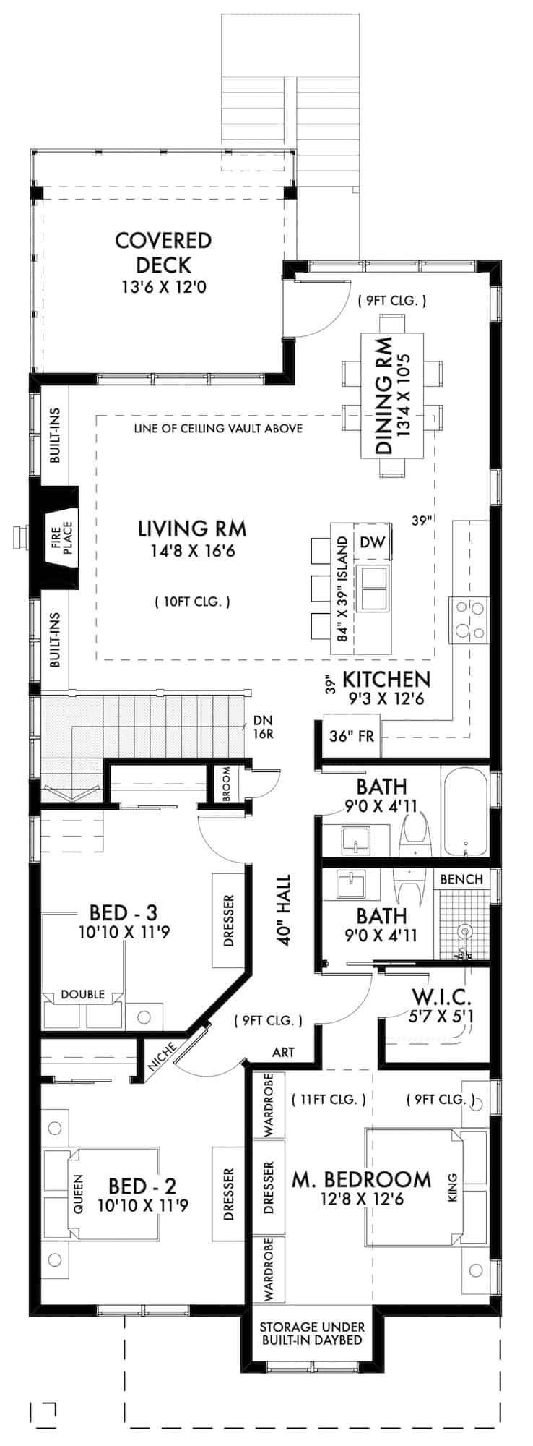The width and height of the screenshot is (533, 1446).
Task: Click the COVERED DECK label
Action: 163,252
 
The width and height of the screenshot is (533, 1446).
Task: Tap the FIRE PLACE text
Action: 61,538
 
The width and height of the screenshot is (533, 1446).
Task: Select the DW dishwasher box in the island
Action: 372,542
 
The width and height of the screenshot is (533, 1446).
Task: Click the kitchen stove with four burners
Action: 469,620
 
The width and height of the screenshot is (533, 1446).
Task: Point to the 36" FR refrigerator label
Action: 351,737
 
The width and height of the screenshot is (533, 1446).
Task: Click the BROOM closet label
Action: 226,784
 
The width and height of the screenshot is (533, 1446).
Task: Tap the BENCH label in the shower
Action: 461,879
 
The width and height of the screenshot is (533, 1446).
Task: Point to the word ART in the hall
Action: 283,1052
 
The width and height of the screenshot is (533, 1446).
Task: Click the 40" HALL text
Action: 283,910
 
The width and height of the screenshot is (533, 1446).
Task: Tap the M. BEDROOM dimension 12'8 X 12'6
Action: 362,1199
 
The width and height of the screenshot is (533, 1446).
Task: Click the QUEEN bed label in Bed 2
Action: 78,1192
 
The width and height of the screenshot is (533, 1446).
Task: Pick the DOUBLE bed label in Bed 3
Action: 82,994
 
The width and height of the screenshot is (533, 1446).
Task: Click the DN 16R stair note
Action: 262,727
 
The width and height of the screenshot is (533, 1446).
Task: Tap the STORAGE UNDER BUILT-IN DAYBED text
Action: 312,1333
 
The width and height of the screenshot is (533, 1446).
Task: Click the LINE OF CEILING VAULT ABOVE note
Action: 218,429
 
